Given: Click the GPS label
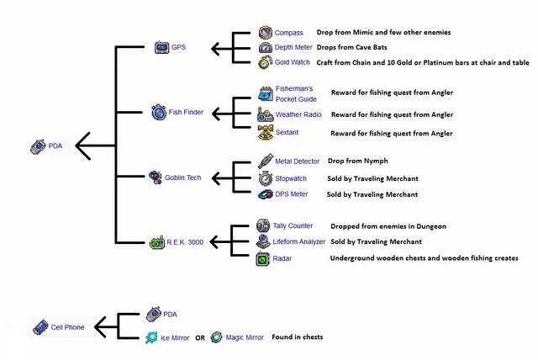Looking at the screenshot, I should click(178, 48).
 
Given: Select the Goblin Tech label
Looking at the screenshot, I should click(182, 177).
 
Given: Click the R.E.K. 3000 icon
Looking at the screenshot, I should click(157, 243).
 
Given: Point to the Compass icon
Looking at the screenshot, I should click(265, 33).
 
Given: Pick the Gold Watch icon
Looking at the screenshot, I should click(265, 63).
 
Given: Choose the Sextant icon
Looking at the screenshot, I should click(265, 133).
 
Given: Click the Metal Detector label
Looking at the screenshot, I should click(297, 161).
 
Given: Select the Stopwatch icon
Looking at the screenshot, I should click(265, 178).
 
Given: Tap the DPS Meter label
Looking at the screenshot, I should click(292, 194).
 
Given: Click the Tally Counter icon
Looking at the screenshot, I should click(263, 225).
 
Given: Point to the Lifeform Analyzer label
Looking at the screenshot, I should click(298, 242).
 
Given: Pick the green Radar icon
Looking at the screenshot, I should click(263, 259).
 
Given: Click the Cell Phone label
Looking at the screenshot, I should click(68, 327).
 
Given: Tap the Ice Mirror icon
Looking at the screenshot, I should click(150, 337).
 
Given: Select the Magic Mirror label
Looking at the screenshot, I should click(245, 337).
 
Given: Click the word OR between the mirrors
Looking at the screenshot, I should click(200, 338).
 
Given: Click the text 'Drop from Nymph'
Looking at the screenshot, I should click(358, 161).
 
